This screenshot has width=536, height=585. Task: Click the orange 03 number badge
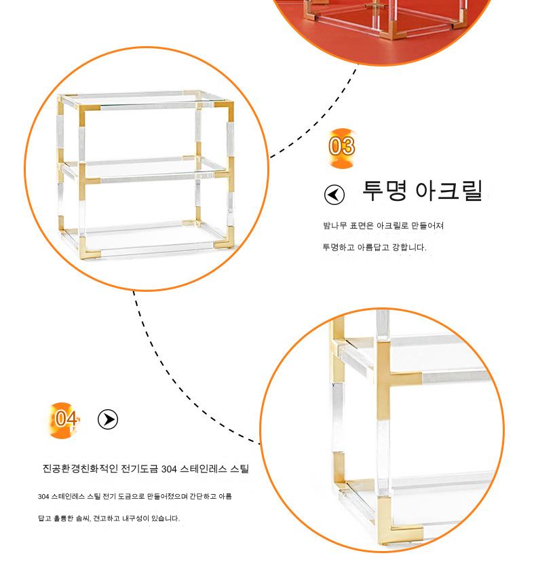342,147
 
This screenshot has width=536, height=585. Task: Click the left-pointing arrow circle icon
334,194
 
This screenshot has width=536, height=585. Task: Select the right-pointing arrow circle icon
108,419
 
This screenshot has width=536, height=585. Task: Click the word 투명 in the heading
385,191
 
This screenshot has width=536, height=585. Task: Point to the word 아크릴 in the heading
449,191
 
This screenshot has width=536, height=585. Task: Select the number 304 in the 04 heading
168,469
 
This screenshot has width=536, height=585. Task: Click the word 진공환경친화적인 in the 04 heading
80,468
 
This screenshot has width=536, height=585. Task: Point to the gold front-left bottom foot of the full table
85,249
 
